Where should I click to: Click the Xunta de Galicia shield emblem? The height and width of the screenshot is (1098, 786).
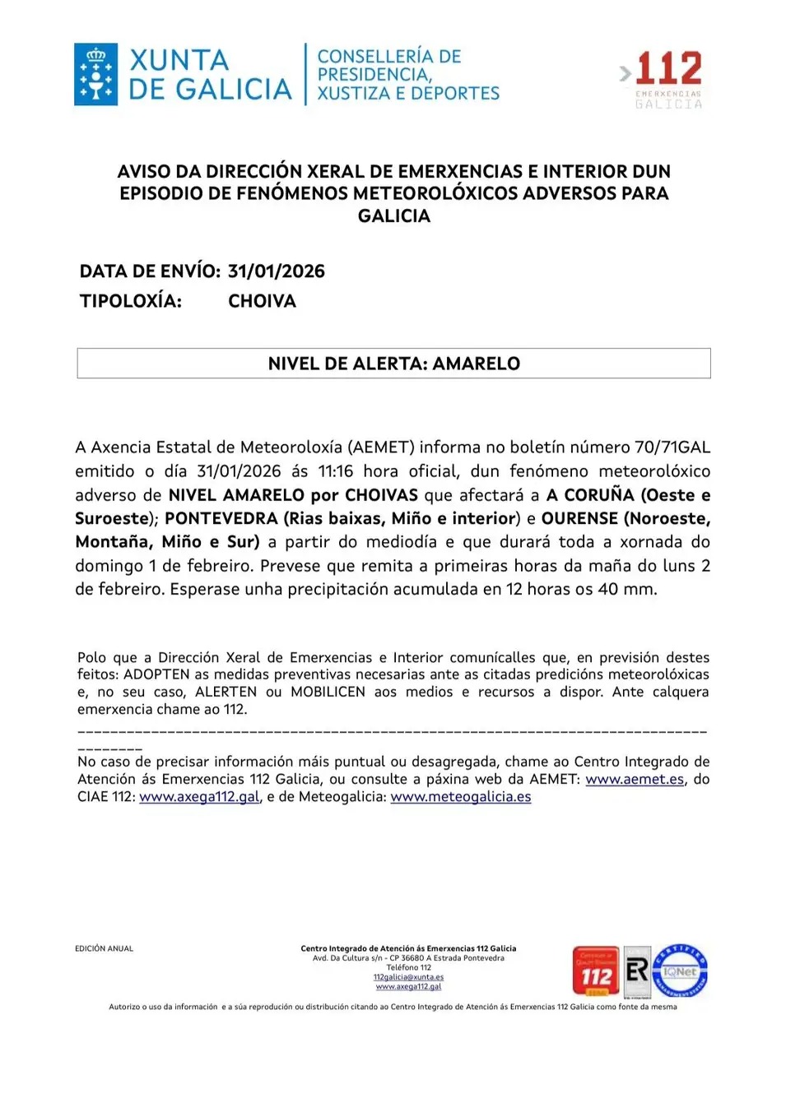[96, 74]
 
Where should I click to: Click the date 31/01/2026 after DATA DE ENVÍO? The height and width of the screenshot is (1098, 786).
[276, 271]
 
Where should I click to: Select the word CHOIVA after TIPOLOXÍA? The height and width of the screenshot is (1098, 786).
[262, 301]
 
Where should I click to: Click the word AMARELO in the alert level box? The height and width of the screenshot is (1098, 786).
[477, 364]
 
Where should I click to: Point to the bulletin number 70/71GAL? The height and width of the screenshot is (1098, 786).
[672, 447]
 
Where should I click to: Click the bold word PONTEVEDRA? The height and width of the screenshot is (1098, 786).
[221, 519]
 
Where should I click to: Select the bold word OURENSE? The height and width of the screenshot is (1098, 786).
[579, 519]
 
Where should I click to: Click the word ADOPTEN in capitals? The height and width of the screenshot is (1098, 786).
[156, 674]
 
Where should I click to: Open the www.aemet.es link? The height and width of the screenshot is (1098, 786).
[635, 779]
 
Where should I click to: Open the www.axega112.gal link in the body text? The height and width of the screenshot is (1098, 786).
[199, 796]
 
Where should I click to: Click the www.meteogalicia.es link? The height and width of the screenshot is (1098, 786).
[460, 796]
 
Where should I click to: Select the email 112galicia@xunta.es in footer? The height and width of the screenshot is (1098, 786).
[408, 977]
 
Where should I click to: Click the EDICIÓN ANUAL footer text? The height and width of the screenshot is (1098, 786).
[104, 948]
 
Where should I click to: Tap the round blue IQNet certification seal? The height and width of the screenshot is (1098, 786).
[680, 971]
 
